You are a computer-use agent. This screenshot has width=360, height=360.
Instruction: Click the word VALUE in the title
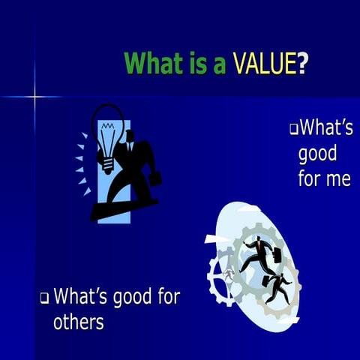pos(263,64)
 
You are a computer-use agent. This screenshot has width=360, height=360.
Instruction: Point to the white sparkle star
pos(34,97)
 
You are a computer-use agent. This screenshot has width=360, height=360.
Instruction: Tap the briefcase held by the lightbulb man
pos(156,178)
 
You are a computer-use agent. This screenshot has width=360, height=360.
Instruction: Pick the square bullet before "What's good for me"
pos(294,130)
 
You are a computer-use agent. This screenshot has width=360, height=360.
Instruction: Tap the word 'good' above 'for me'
pos(317,155)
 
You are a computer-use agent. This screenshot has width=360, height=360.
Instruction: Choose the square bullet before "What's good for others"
pos(45,298)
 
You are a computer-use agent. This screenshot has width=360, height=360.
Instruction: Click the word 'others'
pos(78,322)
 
